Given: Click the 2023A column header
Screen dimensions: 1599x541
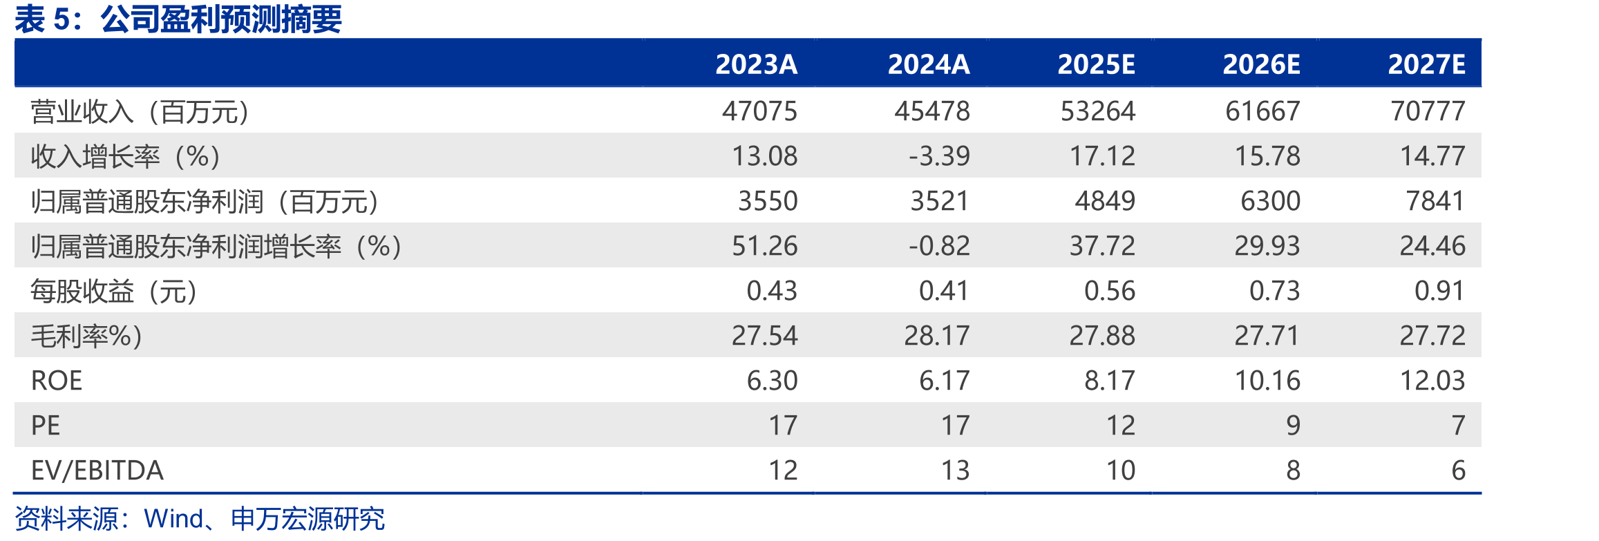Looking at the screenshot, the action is tap(756, 64).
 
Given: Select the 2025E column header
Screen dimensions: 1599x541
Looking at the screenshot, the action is tap(1096, 64).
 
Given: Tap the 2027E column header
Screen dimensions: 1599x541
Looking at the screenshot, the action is tap(1426, 64).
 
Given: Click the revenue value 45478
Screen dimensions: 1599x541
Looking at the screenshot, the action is tap(932, 111).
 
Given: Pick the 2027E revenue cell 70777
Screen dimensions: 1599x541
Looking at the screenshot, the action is tap(1428, 111).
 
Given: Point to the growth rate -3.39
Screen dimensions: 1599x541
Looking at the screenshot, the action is tap(939, 156).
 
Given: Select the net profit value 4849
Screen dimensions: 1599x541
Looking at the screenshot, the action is tap(1105, 201).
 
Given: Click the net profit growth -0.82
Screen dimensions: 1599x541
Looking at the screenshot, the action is tap(939, 246).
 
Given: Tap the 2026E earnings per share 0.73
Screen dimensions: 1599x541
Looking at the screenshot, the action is tap(1274, 291).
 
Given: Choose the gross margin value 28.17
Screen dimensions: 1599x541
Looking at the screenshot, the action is tap(937, 336).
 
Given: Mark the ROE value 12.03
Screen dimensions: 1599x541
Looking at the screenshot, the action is tap(1432, 381).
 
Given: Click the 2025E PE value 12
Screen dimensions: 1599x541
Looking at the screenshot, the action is tap(1121, 426).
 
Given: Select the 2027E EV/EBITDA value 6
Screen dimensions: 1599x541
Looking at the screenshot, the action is tap(1458, 471).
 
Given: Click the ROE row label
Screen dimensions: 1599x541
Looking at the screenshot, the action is tap(57, 381).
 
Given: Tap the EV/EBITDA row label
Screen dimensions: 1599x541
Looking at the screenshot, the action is tap(97, 471).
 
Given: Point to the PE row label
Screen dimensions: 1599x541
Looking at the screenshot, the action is tap(46, 426).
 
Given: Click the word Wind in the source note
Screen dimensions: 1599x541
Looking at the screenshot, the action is tap(173, 519).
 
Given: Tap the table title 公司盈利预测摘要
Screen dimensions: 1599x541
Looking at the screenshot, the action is tap(221, 19).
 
